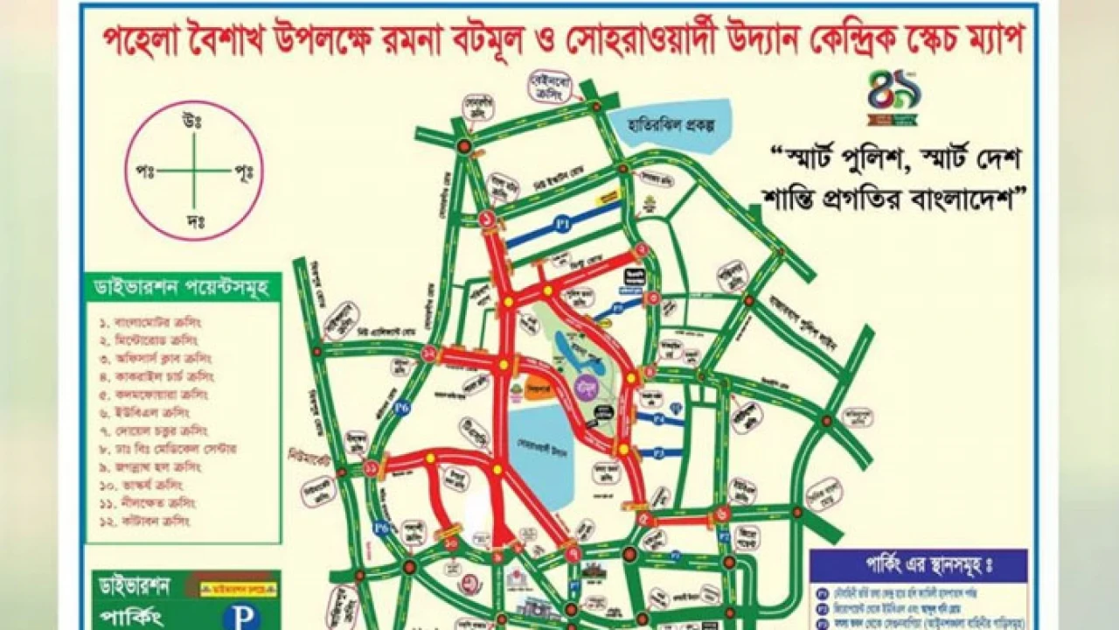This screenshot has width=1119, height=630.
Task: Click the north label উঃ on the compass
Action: (193, 121)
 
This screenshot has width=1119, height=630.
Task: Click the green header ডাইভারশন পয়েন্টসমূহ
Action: (183, 287)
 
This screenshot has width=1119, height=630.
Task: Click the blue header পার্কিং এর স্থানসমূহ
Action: (905, 565)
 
